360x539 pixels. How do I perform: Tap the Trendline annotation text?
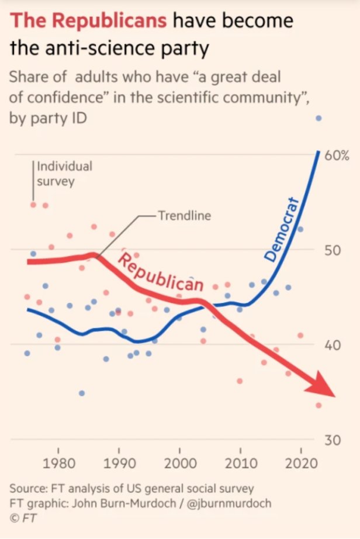[184, 216]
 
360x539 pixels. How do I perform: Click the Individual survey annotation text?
[64, 173]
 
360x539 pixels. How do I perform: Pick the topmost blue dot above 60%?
[319, 118]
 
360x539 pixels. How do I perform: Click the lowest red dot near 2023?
[319, 405]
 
